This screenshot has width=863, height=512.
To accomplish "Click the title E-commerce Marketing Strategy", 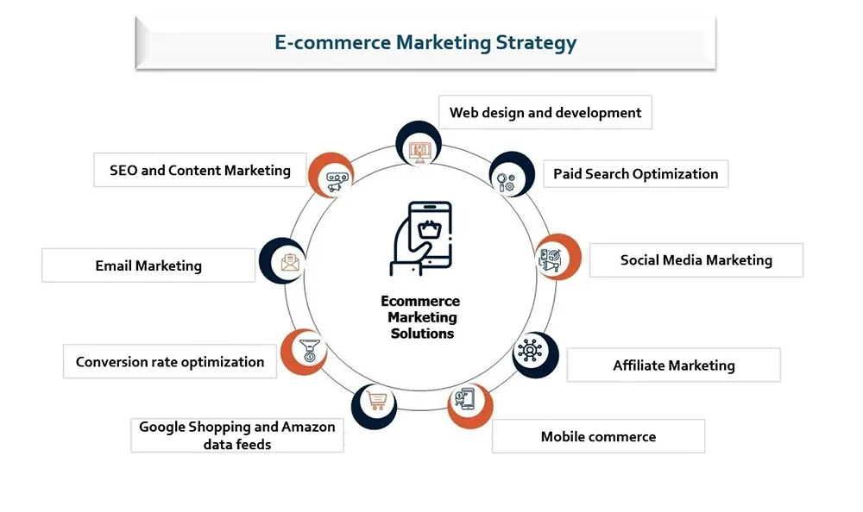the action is click(x=425, y=43).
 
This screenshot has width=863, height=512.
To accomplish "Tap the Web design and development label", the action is click(x=545, y=113).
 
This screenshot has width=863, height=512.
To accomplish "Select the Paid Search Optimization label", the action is click(x=636, y=174).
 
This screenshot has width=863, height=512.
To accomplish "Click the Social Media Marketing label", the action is click(x=696, y=260).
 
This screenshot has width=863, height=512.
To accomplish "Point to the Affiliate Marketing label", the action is click(x=674, y=365).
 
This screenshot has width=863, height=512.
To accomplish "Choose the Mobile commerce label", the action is click(x=598, y=437).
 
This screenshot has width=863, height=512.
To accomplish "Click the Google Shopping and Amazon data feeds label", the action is click(x=237, y=435).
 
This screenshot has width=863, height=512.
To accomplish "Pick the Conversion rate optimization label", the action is click(x=170, y=362).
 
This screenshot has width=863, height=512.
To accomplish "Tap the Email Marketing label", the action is click(x=148, y=266).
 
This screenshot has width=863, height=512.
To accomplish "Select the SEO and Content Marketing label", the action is click(x=200, y=171).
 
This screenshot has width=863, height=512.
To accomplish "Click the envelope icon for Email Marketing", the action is click(x=290, y=262).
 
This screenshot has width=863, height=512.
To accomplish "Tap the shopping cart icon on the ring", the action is click(x=377, y=401).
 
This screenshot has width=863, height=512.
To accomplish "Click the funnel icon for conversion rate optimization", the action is click(x=310, y=350).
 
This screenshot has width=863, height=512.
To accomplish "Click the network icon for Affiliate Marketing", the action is click(x=530, y=350).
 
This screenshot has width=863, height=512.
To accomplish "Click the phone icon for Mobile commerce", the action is click(x=466, y=399).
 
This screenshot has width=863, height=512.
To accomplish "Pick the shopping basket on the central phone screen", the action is click(x=430, y=228).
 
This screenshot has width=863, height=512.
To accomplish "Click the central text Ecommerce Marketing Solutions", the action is click(x=421, y=317).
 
